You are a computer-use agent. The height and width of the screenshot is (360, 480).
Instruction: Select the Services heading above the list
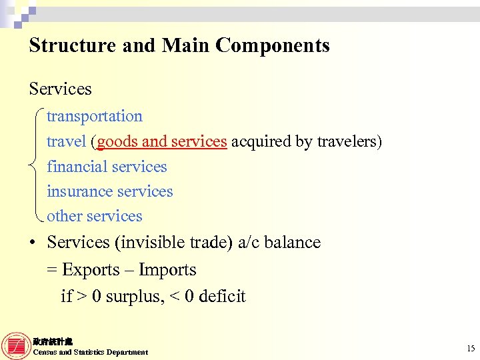pos(60,89)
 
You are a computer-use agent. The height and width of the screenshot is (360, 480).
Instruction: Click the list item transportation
pos(94,116)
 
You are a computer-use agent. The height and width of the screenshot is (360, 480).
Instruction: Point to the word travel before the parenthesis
pos(66,141)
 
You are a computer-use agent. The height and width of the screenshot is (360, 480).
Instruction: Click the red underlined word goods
pos(118,141)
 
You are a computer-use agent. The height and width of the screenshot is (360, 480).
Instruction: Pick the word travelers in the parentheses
pos(346,141)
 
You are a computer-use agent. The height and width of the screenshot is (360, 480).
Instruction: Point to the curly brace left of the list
pos(37,166)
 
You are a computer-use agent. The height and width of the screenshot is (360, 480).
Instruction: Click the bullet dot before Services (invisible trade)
pos(32,243)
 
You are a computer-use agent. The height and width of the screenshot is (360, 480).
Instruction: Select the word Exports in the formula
pos(89,270)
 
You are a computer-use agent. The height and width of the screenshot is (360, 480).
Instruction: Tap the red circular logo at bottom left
pos(16,345)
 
